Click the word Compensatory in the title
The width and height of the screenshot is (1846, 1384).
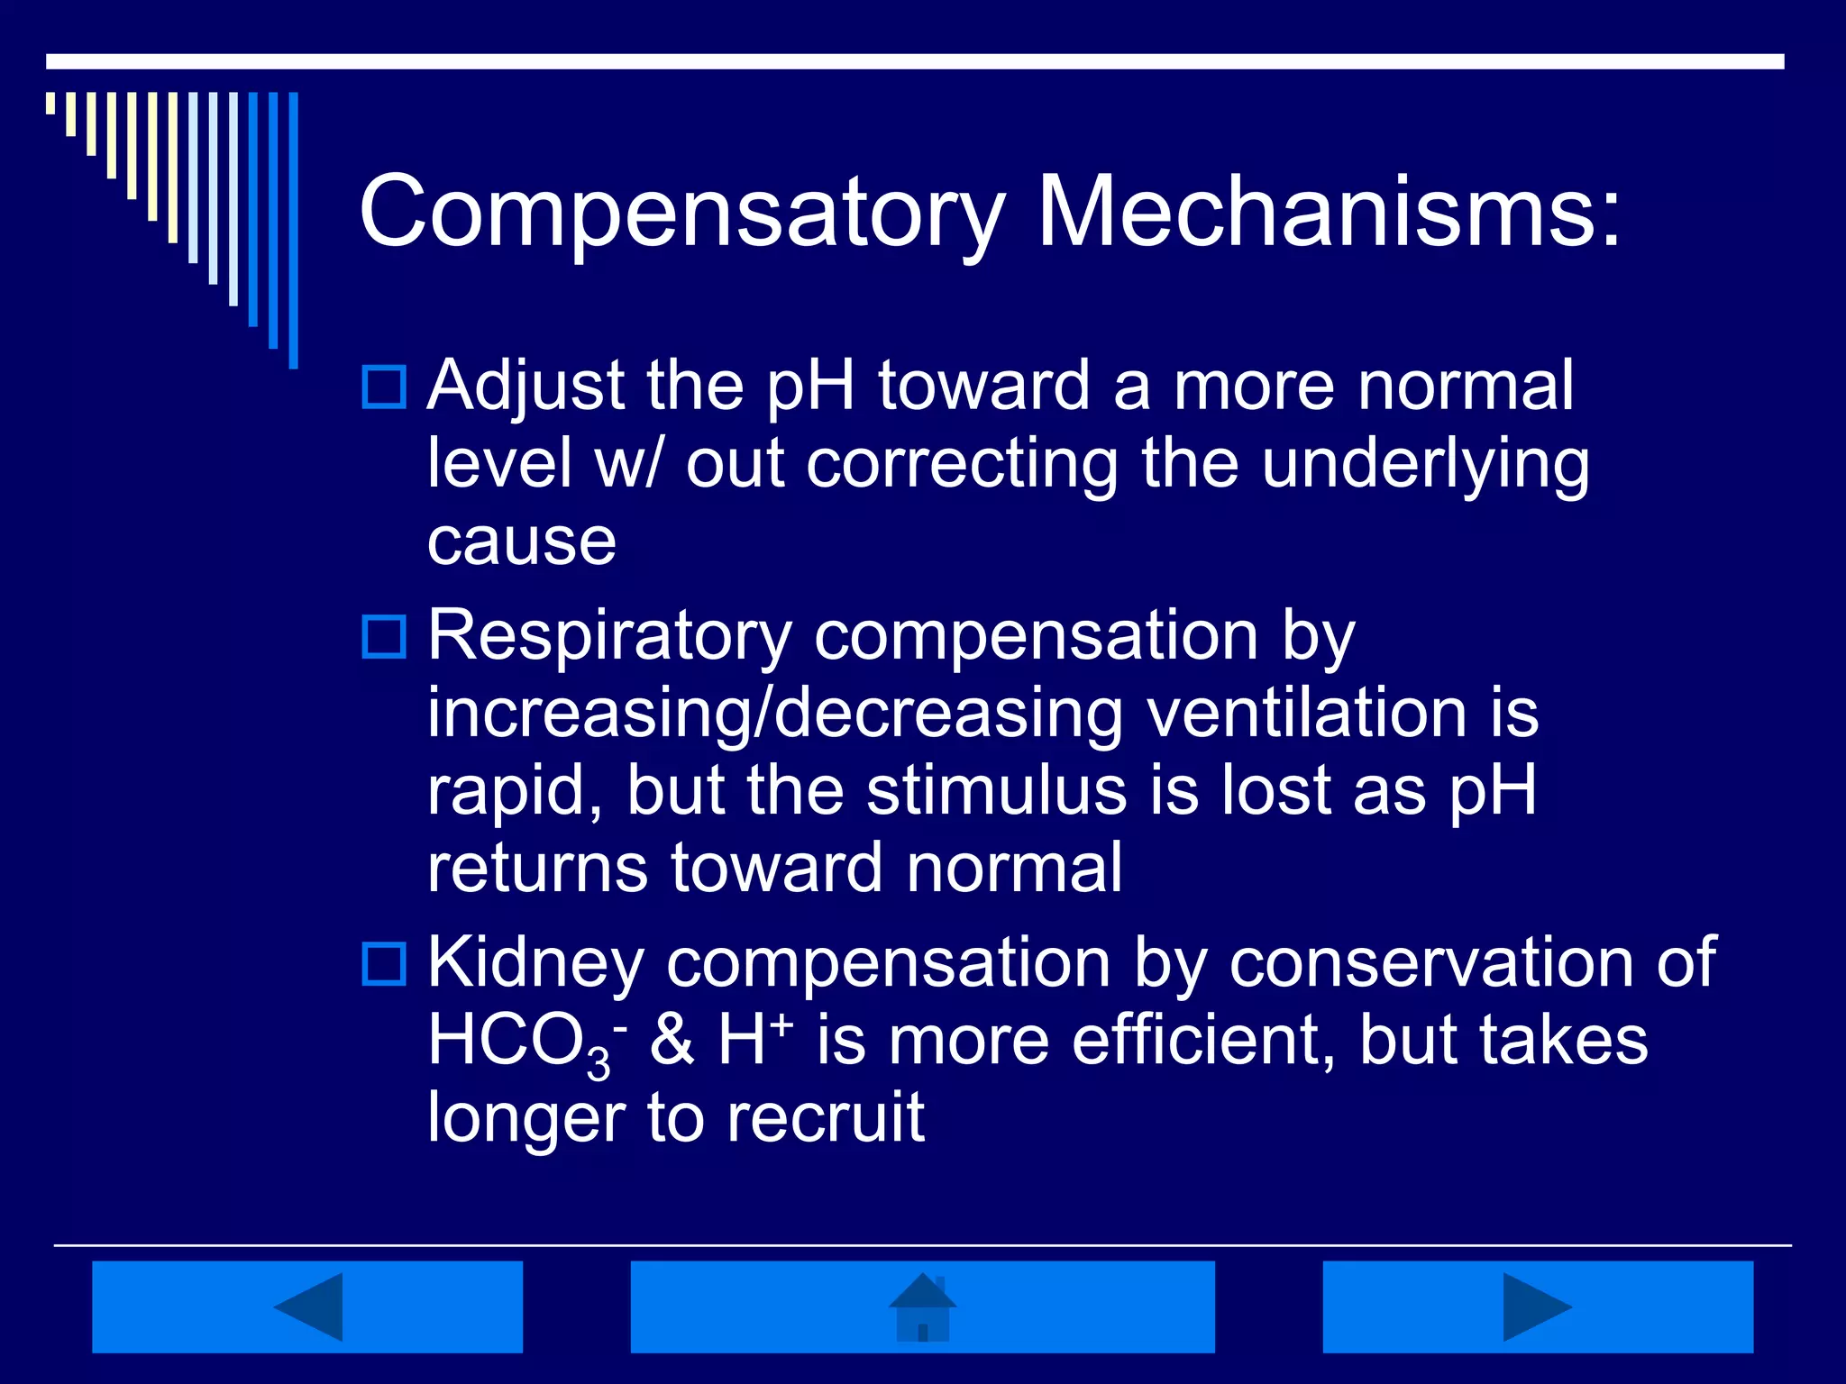[x=681, y=213]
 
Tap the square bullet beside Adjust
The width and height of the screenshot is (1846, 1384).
[x=384, y=387]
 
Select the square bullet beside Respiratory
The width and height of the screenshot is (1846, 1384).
[x=384, y=636]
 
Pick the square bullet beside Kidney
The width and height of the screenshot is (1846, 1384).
[x=384, y=963]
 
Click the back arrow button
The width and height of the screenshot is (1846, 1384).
[x=307, y=1307]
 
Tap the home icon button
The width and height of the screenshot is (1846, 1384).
[x=922, y=1307]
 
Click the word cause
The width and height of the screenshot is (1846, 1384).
[x=522, y=542]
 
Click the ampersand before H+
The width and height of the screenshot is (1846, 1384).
[x=672, y=1041]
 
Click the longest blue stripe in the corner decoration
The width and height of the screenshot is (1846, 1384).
[x=293, y=230]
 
